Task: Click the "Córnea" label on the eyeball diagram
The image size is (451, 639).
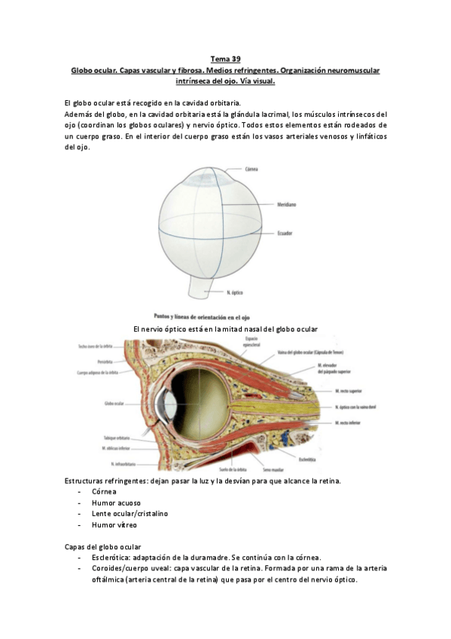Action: (251, 170)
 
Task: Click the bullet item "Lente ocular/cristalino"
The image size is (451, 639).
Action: (130, 513)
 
